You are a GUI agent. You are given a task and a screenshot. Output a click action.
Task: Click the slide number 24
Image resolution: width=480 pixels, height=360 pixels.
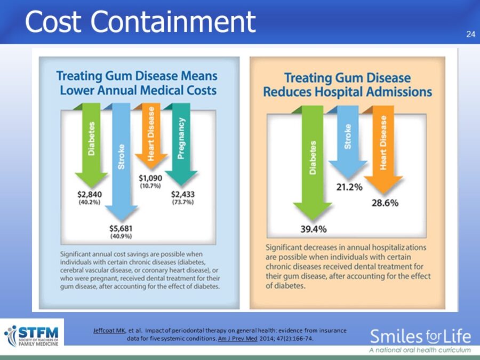point(470,34)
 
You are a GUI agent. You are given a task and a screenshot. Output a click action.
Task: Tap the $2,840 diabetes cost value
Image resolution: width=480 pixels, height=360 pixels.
point(90,194)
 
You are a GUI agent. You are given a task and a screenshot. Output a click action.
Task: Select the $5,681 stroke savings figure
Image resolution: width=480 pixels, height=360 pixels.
point(121,228)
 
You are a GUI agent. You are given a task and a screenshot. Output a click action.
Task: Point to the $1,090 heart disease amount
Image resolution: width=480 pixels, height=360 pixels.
point(150,178)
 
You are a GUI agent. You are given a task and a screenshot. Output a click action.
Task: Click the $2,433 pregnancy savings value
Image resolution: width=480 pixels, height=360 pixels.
point(183,194)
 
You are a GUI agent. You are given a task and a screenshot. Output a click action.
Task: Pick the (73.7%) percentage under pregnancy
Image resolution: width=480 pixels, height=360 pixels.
point(183,202)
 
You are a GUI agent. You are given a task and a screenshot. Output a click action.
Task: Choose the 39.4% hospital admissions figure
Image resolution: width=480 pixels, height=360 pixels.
point(314,229)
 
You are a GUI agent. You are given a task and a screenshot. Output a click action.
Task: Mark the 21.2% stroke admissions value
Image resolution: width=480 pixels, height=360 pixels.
point(349,187)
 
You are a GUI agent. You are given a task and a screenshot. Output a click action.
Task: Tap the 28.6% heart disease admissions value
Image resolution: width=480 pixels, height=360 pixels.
point(385,203)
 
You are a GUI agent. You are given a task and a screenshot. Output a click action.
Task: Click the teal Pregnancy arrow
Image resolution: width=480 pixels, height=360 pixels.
point(181,144)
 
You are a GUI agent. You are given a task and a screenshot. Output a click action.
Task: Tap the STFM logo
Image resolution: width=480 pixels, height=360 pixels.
point(32,335)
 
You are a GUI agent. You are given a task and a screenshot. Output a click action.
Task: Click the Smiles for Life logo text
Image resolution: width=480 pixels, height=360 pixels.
point(420,337)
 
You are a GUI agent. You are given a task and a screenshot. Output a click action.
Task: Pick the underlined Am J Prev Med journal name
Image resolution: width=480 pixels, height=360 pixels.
point(237,339)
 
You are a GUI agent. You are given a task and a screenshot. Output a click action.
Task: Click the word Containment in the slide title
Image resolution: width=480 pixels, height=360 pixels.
point(173,21)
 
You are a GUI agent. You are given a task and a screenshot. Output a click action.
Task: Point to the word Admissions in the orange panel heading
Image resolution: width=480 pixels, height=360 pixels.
point(398,92)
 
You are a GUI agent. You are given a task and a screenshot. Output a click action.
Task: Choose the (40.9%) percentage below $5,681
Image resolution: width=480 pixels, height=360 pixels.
point(121,236)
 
